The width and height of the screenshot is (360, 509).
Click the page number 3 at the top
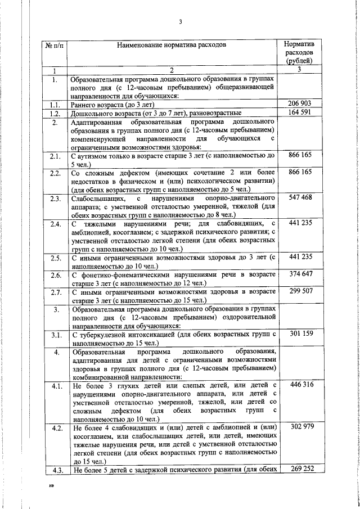(x=181, y=22)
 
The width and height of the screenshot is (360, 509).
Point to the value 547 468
(x=300, y=197)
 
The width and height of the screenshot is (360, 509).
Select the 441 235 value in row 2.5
(x=300, y=257)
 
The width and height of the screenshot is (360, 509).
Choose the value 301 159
(x=300, y=335)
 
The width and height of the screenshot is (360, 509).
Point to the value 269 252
(x=300, y=469)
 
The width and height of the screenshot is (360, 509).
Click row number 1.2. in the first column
(x=55, y=112)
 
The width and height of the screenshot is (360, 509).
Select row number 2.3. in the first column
(x=55, y=198)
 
